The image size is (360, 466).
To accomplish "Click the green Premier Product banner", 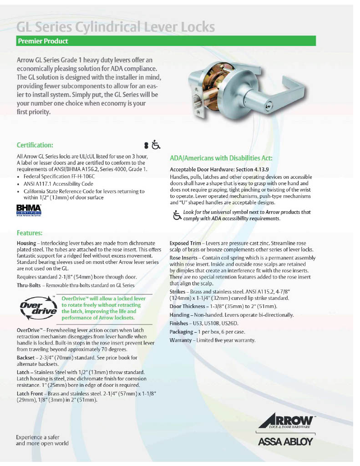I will (x=166, y=41).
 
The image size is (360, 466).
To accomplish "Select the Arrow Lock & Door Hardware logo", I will (x=287, y=421).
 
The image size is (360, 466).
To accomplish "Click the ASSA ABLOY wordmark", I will (x=286, y=441).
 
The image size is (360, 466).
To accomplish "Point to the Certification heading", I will (x=35, y=145).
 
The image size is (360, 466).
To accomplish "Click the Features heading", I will (x=30, y=233).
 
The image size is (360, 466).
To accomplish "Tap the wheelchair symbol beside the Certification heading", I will (x=156, y=145).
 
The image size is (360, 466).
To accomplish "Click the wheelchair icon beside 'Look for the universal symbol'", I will (x=177, y=215).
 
